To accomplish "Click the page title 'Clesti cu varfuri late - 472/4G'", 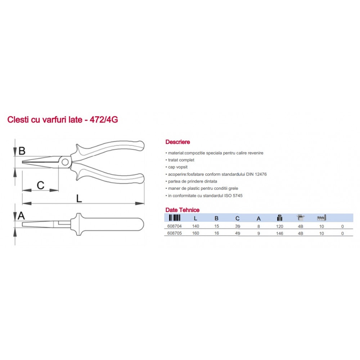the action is tap(62, 120).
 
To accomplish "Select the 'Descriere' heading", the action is tap(177, 142).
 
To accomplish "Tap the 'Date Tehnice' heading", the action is tap(182, 210).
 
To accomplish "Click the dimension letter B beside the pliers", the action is tap(22, 151).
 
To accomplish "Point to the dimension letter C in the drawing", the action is tap(41, 185).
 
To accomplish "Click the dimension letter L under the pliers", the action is tap(79, 198).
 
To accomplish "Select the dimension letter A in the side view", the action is tap(21, 216).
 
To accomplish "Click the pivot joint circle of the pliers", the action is tap(65, 162).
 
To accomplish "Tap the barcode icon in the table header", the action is tap(175, 218).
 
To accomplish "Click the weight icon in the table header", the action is tap(280, 218).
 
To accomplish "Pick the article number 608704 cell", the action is tap(175, 226).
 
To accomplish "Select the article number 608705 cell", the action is tap(175, 233).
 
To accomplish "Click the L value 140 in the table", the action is tap(195, 226).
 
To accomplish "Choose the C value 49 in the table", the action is tap(238, 233).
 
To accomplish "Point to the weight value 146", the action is tap(280, 234).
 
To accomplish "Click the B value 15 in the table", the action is tap(216, 226).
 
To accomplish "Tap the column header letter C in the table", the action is tap(237, 219).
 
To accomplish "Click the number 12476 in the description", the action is tap(261, 174).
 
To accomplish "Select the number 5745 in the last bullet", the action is tap(237, 195).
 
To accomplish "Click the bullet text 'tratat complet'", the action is tap(181, 160).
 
